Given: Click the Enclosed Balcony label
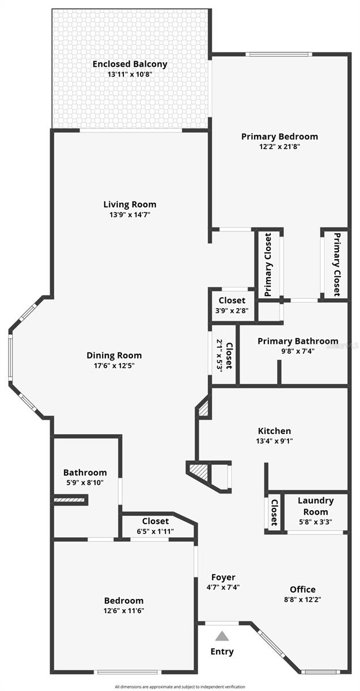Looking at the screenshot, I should pyautogui.click(x=130, y=64).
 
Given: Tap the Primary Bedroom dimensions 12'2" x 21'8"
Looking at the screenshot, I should pyautogui.click(x=279, y=146).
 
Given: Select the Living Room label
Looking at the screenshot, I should pyautogui.click(x=130, y=204).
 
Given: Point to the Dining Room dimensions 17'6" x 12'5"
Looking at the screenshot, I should pyautogui.click(x=114, y=365).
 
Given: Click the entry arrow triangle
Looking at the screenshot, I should pyautogui.click(x=222, y=636).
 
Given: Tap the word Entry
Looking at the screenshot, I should pyautogui.click(x=222, y=652).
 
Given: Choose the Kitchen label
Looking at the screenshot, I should pyautogui.click(x=274, y=431).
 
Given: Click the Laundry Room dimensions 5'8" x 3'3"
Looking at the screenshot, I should pyautogui.click(x=315, y=523).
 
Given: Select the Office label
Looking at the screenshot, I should pyautogui.click(x=302, y=589).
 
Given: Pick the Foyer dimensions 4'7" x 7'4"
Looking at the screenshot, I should pyautogui.click(x=223, y=587).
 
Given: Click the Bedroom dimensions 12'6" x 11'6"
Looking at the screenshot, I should pyautogui.click(x=124, y=610).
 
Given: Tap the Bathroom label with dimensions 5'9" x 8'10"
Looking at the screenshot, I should pyautogui.click(x=85, y=472).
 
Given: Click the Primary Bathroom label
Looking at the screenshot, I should pyautogui.click(x=298, y=341).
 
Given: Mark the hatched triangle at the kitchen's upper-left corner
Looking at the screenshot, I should pyautogui.click(x=203, y=409).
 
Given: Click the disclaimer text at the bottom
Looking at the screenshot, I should pyautogui.click(x=180, y=686).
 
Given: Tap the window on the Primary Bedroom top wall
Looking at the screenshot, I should pyautogui.click(x=279, y=55).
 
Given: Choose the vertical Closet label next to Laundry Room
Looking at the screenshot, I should pyautogui.click(x=274, y=512).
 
